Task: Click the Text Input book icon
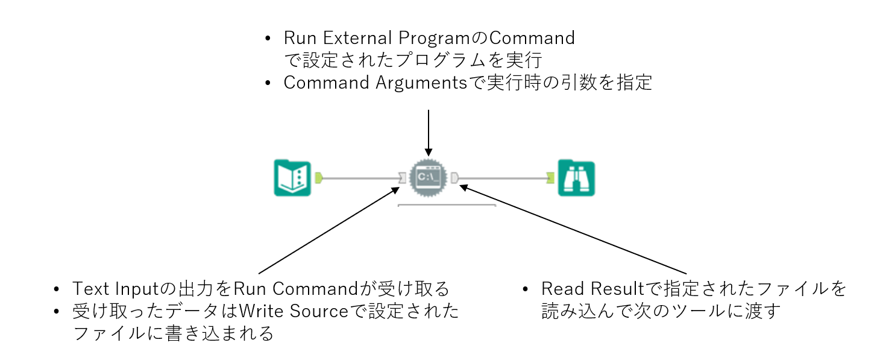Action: click(292, 178)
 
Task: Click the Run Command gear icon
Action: click(429, 177)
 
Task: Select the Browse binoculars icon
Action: click(576, 178)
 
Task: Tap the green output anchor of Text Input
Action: click(319, 178)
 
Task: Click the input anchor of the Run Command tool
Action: click(402, 178)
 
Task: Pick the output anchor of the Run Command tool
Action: click(455, 178)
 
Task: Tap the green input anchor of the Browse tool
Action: click(550, 178)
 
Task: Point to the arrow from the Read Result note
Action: click(573, 230)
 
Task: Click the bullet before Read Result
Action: click(527, 289)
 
